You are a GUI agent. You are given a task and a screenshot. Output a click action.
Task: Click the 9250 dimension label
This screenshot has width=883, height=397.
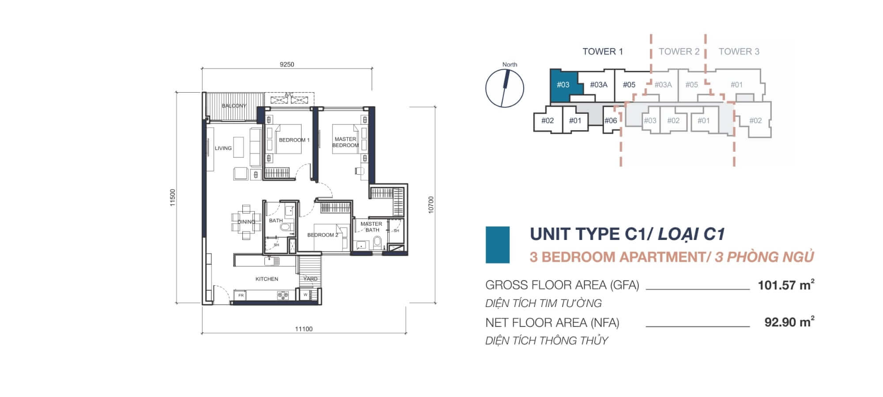[287, 64]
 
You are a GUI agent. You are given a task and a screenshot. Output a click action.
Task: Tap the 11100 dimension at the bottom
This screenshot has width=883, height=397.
[303, 329]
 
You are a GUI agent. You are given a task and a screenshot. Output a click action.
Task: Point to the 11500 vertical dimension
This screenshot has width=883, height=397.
[173, 198]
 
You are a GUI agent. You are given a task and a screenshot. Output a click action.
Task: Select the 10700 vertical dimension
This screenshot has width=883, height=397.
[431, 205]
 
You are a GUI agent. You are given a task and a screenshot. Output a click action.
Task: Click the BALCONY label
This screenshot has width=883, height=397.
[234, 106]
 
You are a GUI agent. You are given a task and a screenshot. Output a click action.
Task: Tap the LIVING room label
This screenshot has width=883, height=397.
[223, 148]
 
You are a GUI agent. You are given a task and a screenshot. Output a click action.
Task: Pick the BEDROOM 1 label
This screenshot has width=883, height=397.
[294, 140]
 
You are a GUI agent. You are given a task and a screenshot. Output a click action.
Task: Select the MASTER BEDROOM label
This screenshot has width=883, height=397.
[345, 142]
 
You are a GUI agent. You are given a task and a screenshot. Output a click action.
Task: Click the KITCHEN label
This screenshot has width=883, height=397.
[267, 279]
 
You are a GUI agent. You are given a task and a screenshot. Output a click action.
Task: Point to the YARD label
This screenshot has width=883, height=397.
[310, 279]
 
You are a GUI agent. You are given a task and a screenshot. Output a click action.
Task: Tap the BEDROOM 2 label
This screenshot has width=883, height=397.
[323, 235]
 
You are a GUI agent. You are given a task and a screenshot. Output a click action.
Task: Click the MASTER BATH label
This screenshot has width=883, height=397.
[372, 227]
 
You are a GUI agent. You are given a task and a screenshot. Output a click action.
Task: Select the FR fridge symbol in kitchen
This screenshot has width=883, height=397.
[241, 295]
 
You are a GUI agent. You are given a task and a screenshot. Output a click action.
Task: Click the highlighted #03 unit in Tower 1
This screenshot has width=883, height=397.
[563, 85]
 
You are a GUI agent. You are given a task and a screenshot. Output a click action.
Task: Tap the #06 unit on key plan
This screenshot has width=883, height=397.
[611, 120]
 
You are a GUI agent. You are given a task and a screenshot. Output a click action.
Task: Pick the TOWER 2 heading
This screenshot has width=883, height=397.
[679, 52]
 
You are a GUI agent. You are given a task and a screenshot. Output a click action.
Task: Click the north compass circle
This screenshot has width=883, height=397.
[504, 88]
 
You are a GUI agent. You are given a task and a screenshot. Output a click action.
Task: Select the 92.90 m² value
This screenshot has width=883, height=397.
[789, 322]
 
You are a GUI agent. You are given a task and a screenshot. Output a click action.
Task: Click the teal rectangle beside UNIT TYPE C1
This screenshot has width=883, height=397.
[498, 245]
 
